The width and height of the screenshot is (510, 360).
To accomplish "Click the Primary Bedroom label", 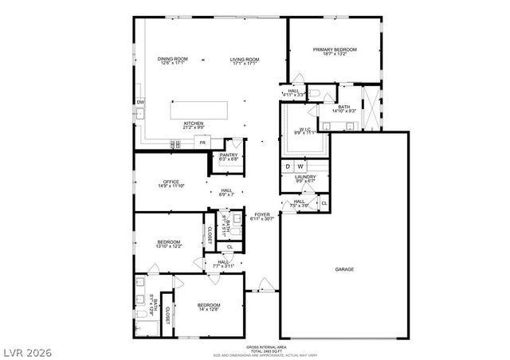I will point(335,50).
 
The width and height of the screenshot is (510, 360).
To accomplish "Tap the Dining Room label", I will point(172,59).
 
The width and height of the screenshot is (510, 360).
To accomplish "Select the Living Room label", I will point(245,59).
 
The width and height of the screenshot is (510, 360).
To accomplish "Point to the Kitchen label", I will point(194,123).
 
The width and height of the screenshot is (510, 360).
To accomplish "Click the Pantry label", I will point(229,155).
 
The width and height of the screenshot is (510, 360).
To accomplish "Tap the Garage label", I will point(345,269).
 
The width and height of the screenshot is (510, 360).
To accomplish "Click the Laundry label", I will point(306,177).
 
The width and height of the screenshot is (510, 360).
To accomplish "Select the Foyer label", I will point(261,215).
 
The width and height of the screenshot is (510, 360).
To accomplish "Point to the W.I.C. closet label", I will point(305,130).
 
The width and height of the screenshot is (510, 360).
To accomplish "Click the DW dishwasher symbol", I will point(140,103).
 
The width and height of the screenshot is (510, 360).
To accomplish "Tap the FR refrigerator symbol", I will point(203,143).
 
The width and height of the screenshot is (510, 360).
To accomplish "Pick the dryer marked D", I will point(288,166).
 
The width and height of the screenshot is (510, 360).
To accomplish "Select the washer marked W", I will point(301,166).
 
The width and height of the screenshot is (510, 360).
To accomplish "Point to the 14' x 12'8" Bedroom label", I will point(210,306).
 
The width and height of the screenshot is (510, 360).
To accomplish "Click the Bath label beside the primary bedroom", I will point(344,108).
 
